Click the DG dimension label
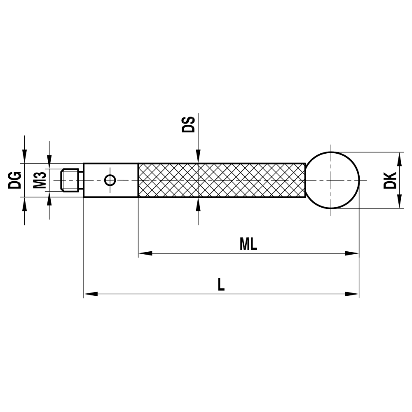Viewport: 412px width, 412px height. (x=15, y=180)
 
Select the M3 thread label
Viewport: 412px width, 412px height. (x=40, y=180)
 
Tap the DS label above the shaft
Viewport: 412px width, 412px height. (x=188, y=124)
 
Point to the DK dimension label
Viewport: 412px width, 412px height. (x=390, y=180)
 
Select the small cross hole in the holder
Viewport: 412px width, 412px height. (x=110, y=180)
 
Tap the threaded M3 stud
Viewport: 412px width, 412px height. (x=70, y=180)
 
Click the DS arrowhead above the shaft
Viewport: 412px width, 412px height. (x=198, y=157)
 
